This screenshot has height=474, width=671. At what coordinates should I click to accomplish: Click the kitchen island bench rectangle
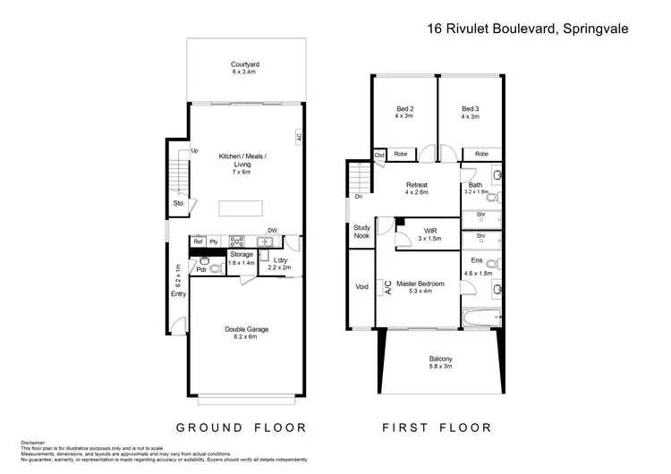(x=242, y=208)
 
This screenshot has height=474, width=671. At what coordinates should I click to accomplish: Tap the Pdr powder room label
(x=202, y=269)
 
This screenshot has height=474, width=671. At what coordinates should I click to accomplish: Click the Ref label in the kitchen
(x=198, y=241)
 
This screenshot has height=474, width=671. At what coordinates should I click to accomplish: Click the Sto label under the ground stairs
(x=178, y=203)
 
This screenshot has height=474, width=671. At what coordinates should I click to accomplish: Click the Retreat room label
(x=416, y=187)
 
